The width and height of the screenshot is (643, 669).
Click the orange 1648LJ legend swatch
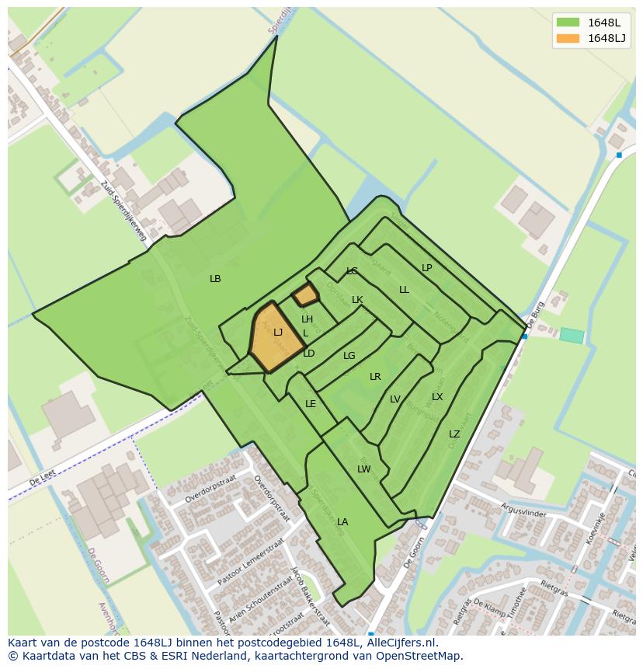click(568, 38)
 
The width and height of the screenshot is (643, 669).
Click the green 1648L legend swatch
click(568, 23)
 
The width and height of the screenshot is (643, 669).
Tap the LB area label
click(215, 278)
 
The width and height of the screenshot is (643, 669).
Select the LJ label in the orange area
click(278, 333)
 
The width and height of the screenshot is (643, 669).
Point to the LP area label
click(426, 268)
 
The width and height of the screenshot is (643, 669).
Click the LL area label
click(404, 290)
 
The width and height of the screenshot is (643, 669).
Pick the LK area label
click(357, 300)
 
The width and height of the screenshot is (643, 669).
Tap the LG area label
click(349, 356)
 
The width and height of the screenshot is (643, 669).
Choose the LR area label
click(375, 377)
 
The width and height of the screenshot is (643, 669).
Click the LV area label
click(395, 399)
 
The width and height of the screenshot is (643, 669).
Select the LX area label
click(437, 397)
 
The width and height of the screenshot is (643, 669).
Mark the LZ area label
click(454, 434)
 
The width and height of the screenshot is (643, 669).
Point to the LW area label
click(363, 469)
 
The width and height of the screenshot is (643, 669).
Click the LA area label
click(342, 522)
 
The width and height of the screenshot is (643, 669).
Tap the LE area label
click(311, 404)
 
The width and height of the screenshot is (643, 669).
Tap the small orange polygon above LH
click(305, 294)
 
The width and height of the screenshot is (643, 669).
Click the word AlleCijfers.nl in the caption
click(399, 643)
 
